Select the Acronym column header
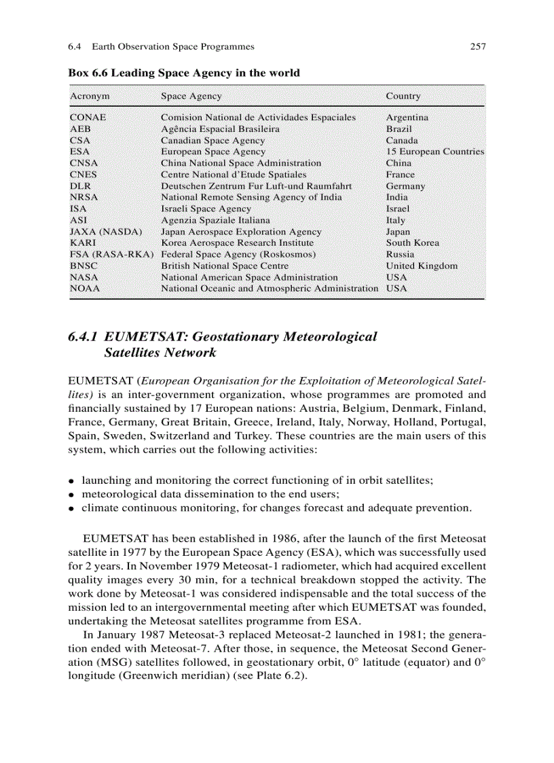pyautogui.click(x=90, y=96)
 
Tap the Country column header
pyautogui.click(x=403, y=96)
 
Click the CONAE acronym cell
pyautogui.click(x=88, y=118)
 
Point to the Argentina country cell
pyautogui.click(x=407, y=118)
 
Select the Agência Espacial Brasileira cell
pyautogui.click(x=220, y=129)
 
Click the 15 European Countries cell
pyautogui.click(x=435, y=152)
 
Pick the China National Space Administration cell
pyautogui.click(x=241, y=163)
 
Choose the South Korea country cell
pyautogui.click(x=413, y=243)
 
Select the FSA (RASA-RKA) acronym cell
pyautogui.click(x=111, y=255)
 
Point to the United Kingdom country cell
pyautogui.click(x=422, y=266)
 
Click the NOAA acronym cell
pyautogui.click(x=85, y=289)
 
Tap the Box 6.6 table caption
pyautogui.click(x=184, y=73)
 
